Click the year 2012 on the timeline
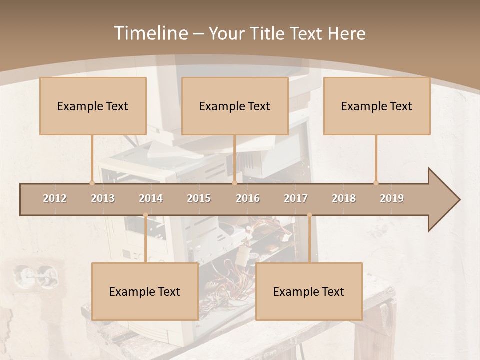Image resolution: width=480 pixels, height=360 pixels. tap(55, 198)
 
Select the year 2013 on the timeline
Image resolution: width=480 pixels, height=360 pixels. tap(103, 198)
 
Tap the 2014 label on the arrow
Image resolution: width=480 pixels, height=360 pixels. tap(151, 198)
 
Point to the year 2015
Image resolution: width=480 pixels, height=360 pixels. tap(199, 198)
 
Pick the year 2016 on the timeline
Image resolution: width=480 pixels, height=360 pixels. tap(248, 198)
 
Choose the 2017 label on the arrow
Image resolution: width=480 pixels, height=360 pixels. tap(296, 198)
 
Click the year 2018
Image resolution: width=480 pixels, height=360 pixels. tap(344, 198)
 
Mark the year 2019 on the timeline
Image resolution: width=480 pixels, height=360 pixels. tap(392, 198)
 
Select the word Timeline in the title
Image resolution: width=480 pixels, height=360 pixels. tap(150, 33)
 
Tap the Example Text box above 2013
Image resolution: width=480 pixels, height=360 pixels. tap(93, 106)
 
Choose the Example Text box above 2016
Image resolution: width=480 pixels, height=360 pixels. tap(235, 106)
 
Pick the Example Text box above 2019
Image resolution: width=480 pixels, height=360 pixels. tap(377, 106)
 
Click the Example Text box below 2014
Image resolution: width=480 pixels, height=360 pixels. tap(145, 291)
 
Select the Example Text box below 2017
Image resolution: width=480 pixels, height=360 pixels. tap(309, 291)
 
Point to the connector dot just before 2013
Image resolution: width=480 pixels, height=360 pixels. tap(92, 183)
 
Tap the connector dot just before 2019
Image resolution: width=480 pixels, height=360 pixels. tap(376, 183)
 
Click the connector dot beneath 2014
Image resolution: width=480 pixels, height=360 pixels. tap(145, 215)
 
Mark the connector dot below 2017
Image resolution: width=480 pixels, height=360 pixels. tap(309, 215)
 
